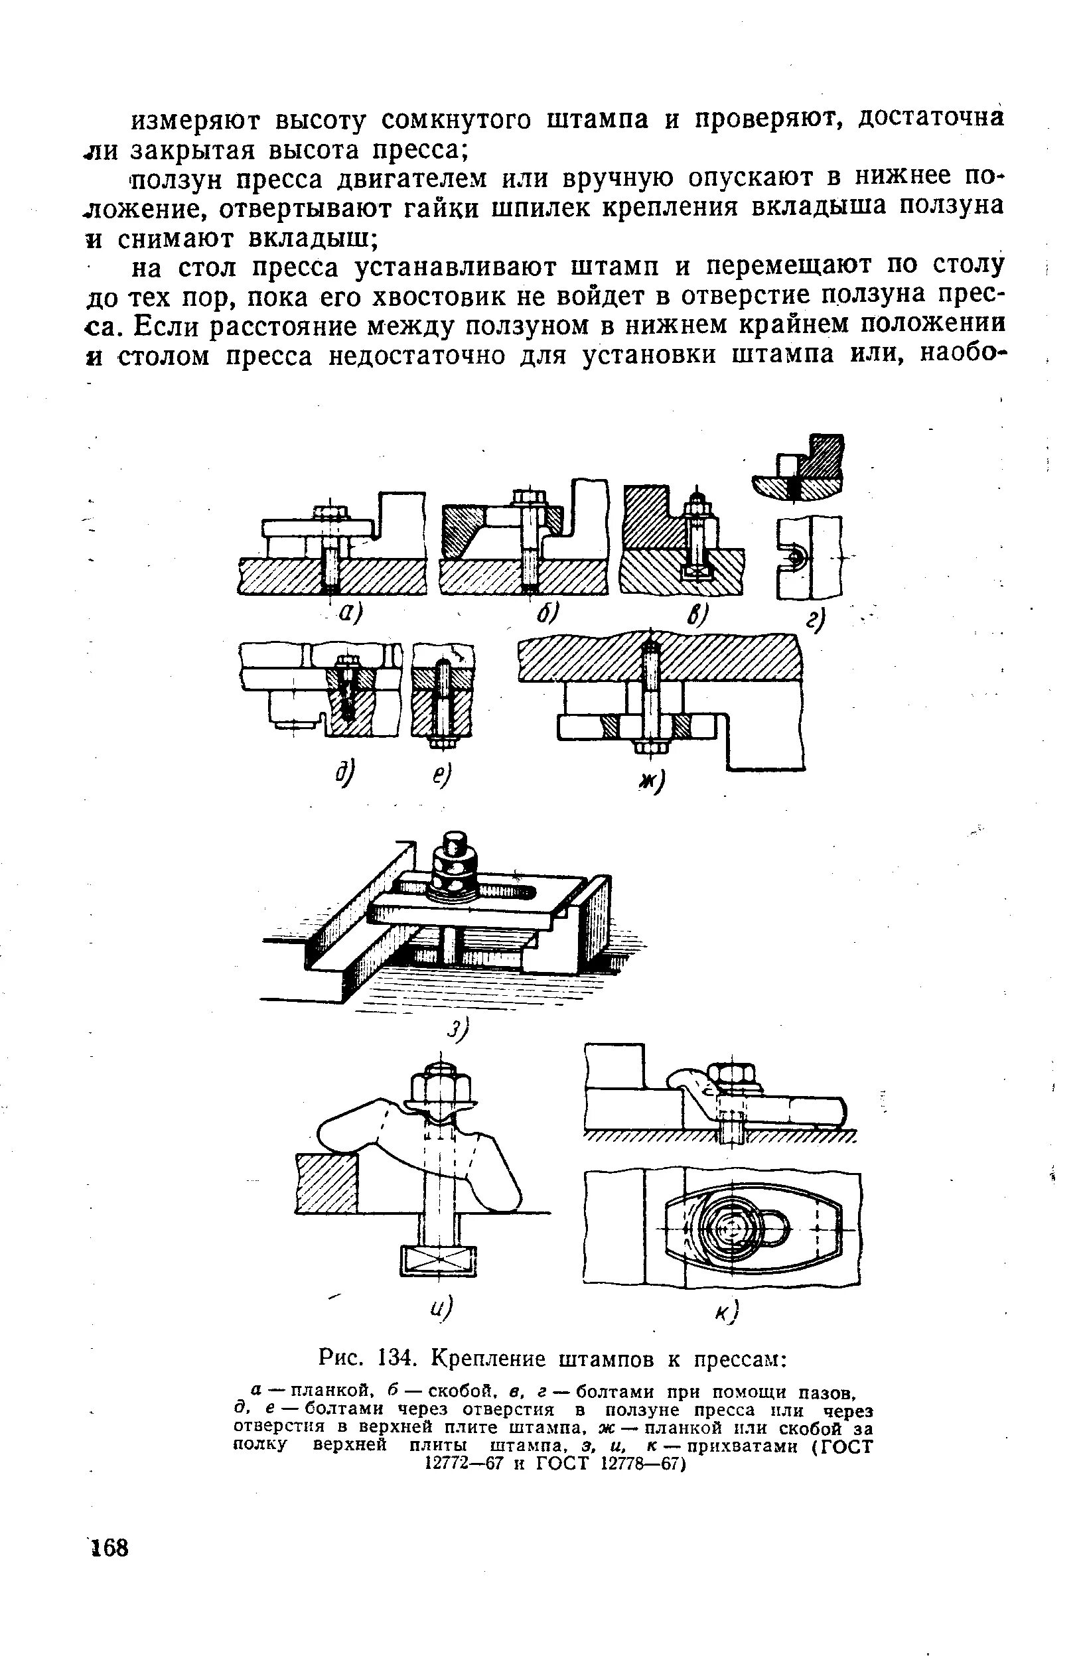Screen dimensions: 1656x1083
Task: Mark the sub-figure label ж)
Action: tap(652, 782)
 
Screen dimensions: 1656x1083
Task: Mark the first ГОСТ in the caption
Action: tap(845, 1447)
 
